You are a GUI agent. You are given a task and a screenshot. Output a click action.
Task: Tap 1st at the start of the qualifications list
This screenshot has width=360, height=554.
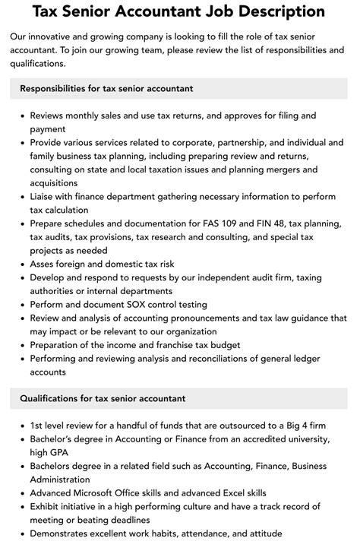click(x=37, y=425)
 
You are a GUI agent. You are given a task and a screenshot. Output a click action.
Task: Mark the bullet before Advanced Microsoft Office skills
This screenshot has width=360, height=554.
click(x=21, y=493)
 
